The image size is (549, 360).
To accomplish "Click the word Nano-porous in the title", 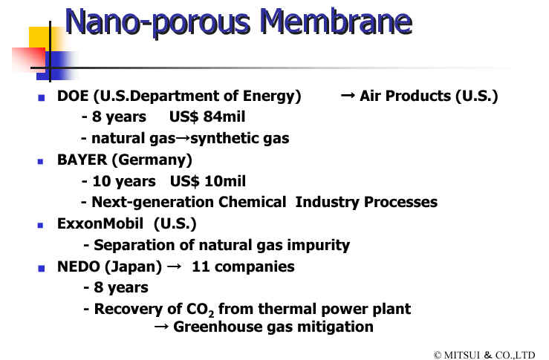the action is coord(157,23).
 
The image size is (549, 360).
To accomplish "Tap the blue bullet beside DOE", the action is coord(42,98).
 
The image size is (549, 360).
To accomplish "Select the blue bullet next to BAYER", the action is coord(41,162).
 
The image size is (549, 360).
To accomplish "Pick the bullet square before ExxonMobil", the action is coord(41,226).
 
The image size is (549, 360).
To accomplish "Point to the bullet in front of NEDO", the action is coord(42,269).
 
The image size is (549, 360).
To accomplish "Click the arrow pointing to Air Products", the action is coord(348,95).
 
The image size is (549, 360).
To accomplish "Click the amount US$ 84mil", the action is coord(207,117).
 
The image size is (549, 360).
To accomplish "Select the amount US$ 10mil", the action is coord(208,181).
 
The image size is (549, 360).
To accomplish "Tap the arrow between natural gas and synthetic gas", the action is coord(183,138).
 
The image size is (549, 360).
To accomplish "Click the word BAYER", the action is coord(82,160).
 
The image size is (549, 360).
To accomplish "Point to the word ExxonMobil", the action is coord(100,224).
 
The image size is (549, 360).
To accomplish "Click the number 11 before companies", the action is coord(201,267).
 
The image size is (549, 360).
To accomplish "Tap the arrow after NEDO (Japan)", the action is coord(174,266).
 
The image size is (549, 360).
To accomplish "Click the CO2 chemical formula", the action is coord(200,310).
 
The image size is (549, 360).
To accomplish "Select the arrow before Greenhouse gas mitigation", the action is coord(161,327).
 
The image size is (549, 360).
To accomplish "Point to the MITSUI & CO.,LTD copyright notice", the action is coord(484,355).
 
